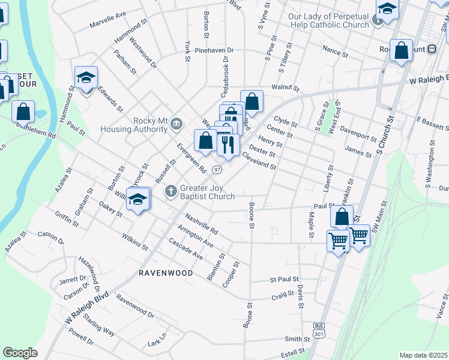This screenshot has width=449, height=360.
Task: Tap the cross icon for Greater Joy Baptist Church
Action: click(x=170, y=191)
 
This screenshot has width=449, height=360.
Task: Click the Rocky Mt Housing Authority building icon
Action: click(x=176, y=124)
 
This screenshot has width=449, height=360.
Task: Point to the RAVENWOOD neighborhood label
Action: click(x=166, y=273)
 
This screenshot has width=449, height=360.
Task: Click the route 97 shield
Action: click(x=216, y=170)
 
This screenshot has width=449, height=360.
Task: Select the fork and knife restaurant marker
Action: click(x=228, y=144)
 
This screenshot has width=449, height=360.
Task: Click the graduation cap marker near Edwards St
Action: click(x=86, y=77)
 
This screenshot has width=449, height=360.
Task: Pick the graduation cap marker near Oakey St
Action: click(x=138, y=199)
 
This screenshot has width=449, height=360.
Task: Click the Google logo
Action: click(x=20, y=352)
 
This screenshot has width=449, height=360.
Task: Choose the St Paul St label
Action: click(x=284, y=279)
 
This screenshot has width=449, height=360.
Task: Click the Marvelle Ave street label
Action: click(x=108, y=20)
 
